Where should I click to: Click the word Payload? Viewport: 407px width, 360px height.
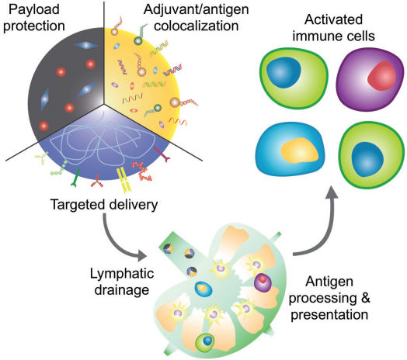click(34, 9)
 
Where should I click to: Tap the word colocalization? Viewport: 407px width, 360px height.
click(197, 26)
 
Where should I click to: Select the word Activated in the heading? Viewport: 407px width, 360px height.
click(333, 19)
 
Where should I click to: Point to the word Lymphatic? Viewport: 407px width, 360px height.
click(122, 274)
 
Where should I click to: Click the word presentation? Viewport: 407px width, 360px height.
click(329, 314)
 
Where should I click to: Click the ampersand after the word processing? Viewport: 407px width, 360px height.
click(365, 298)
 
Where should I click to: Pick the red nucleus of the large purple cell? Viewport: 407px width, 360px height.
click(382, 76)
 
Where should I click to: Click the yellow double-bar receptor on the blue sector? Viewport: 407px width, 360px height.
click(123, 180)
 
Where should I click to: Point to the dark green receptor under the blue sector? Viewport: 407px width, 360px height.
click(76, 178)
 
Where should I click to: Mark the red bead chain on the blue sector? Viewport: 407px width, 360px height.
click(141, 171)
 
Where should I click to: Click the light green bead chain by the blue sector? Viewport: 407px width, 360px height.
click(59, 168)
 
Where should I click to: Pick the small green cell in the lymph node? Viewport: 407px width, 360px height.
click(205, 342)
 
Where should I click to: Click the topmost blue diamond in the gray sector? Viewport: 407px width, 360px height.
click(86, 46)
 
